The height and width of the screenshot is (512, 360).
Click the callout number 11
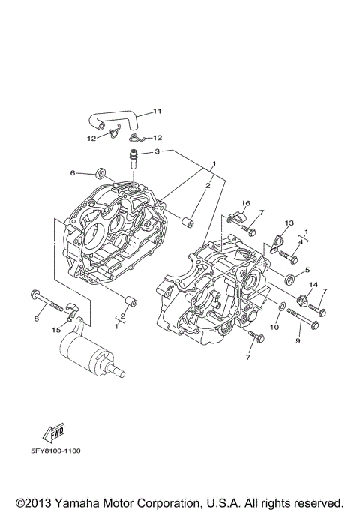[x=157, y=112]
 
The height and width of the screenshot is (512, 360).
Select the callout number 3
[x=157, y=151]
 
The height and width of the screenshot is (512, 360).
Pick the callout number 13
[x=289, y=223]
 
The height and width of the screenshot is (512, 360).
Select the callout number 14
[x=313, y=285]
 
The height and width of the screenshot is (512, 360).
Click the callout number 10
[x=274, y=327]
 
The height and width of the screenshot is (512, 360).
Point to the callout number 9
[x=297, y=341]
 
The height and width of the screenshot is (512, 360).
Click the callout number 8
[x=34, y=319]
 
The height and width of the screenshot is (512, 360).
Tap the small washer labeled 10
[x=280, y=307]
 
